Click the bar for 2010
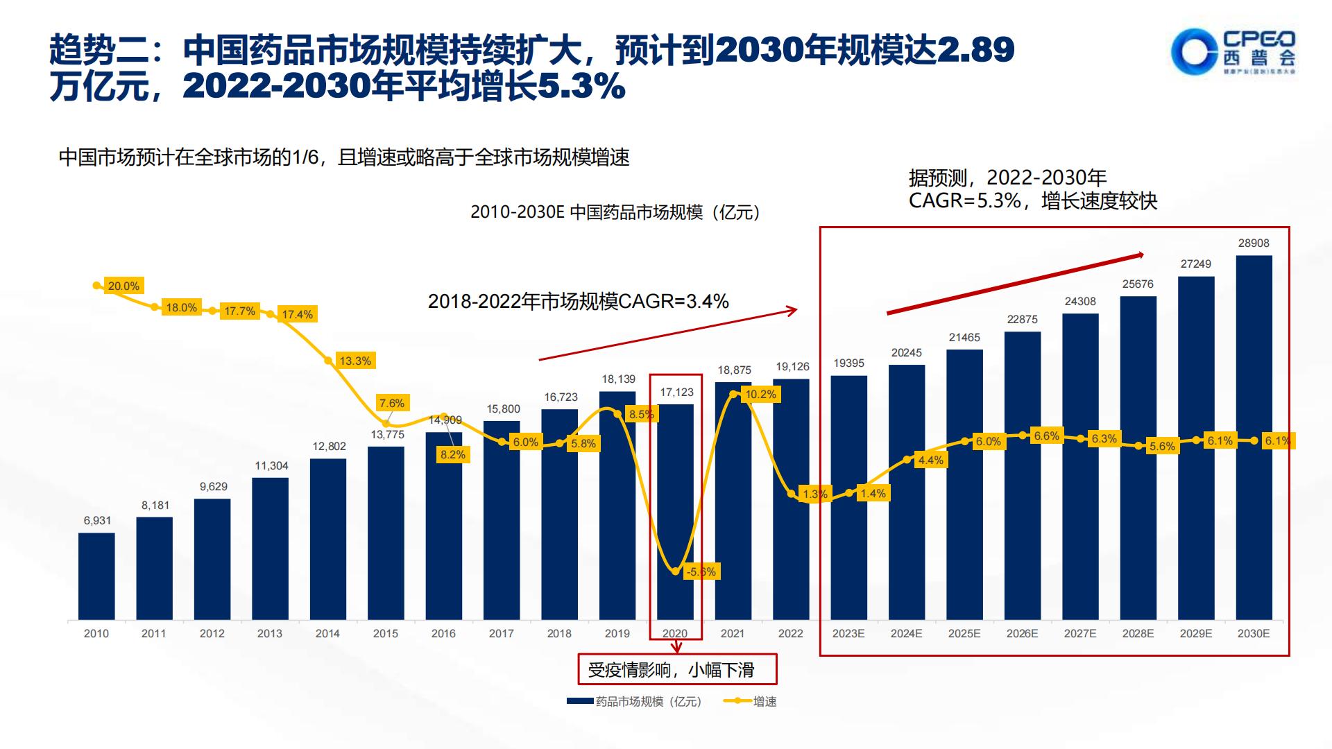pyautogui.click(x=96, y=576)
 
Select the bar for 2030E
pyautogui.click(x=1254, y=437)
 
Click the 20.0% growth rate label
pyautogui.click(x=123, y=286)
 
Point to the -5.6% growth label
pyautogui.click(x=700, y=571)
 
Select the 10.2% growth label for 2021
pyautogui.click(x=760, y=395)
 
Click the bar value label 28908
pyautogui.click(x=1254, y=243)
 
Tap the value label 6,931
pyautogui.click(x=97, y=520)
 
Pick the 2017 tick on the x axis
pyautogui.click(x=501, y=633)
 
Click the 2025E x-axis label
pyautogui.click(x=964, y=633)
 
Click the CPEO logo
pyautogui.click(x=1232, y=52)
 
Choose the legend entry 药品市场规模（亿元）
pyautogui.click(x=635, y=701)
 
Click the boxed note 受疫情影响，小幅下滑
pyautogui.click(x=677, y=669)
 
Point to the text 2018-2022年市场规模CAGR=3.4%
pyautogui.click(x=578, y=301)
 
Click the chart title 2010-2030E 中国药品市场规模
pyautogui.click(x=615, y=212)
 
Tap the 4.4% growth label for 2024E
pyautogui.click(x=930, y=460)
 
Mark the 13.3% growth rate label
pyautogui.click(x=355, y=361)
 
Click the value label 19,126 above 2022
pyautogui.click(x=792, y=367)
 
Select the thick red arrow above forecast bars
pyautogui.click(x=1015, y=284)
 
